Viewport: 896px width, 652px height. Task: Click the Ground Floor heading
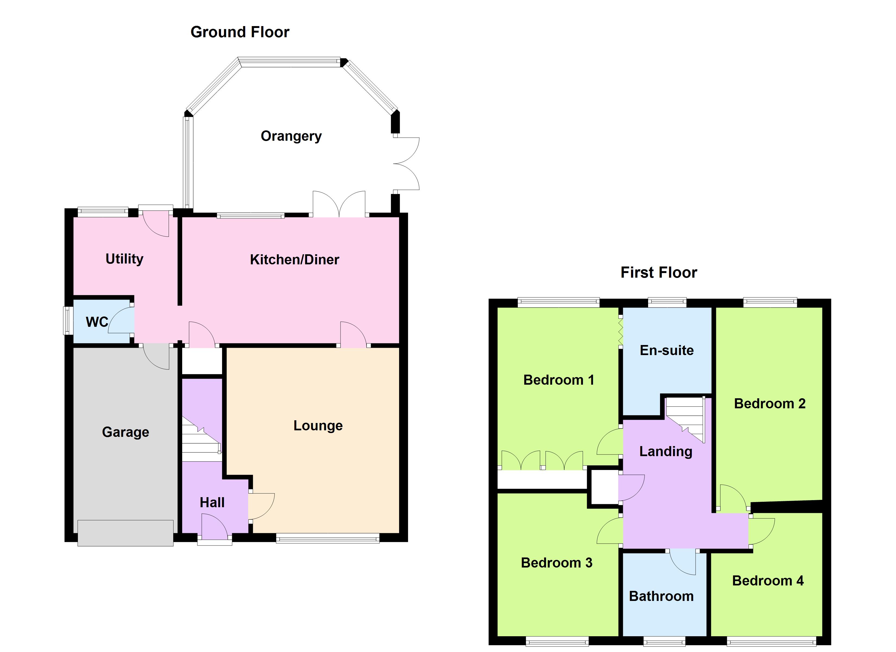click(x=240, y=32)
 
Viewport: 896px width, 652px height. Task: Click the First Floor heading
click(x=659, y=272)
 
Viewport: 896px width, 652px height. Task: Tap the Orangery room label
click(x=291, y=136)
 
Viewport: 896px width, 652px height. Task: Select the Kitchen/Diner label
click(x=294, y=259)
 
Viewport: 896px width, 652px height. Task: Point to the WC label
click(x=97, y=322)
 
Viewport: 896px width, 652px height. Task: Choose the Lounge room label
click(x=318, y=425)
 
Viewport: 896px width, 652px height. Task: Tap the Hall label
click(x=212, y=503)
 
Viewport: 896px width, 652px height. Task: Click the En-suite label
click(x=667, y=350)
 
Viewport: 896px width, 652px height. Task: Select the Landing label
click(x=666, y=451)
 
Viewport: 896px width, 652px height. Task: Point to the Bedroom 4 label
click(x=768, y=581)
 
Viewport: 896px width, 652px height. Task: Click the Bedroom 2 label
click(x=769, y=403)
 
